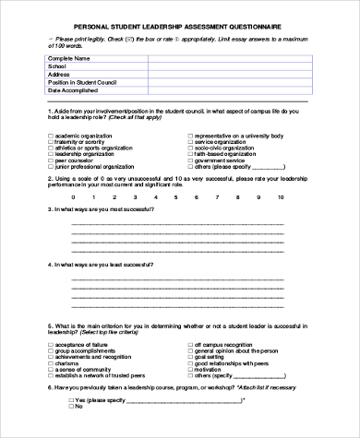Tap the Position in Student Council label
pos(86,83)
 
